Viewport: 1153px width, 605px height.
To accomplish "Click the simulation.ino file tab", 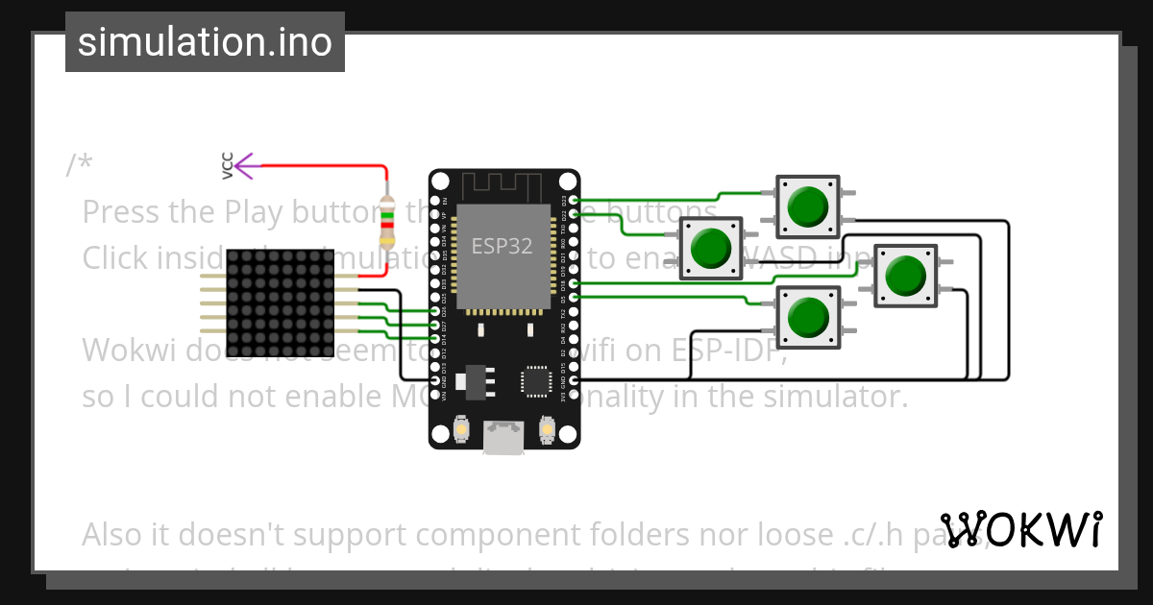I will pos(205,42).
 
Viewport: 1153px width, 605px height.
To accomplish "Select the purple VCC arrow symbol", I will pos(244,166).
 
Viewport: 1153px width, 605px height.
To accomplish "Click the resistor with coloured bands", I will pos(387,222).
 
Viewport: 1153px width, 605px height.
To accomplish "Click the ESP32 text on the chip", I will pos(502,246).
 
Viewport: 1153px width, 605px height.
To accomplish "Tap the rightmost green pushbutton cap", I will pos(904,276).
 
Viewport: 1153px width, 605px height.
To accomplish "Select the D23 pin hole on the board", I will pos(574,201).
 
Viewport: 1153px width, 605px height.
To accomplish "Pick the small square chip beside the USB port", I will pos(534,380).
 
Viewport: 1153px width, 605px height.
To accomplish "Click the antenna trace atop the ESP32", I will pos(503,184).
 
